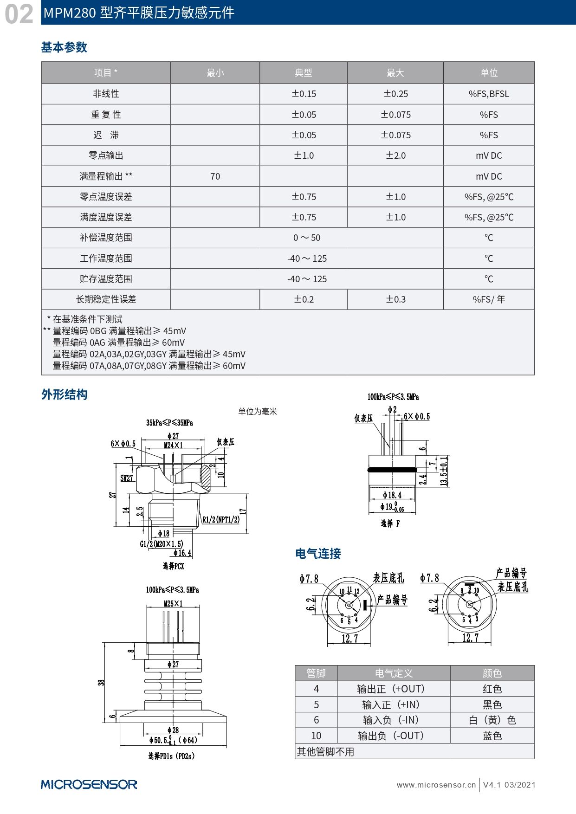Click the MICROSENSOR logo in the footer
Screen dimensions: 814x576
89,784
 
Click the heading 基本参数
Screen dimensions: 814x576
64,47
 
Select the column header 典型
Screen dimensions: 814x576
304,73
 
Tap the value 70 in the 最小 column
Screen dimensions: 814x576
215,176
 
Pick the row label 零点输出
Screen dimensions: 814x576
106,155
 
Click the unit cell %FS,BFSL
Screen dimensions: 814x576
489,94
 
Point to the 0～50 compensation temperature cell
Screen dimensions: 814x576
307,238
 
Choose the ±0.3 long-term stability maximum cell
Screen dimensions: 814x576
395,299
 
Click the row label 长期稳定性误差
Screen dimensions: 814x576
106,299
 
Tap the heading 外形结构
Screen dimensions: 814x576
64,394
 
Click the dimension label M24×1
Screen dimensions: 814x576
173,445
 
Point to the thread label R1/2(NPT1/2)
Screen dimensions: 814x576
221,519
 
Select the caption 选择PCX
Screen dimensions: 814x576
173,566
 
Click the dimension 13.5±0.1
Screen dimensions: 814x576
444,471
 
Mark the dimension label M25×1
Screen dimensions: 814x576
173,603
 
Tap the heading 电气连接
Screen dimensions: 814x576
318,553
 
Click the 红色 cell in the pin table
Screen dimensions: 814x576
492,689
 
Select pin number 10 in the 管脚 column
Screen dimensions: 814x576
316,736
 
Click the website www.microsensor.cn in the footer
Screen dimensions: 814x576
436,785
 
